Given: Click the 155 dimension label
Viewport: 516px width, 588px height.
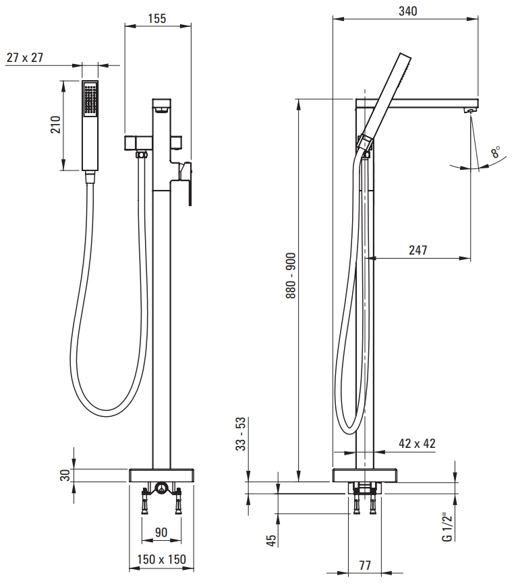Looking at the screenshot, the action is click(x=157, y=18).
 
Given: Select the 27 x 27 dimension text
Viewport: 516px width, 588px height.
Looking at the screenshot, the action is click(x=25, y=57).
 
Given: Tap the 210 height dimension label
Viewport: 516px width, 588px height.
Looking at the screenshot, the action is click(x=55, y=125).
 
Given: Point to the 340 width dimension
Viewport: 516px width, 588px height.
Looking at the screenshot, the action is click(x=408, y=11).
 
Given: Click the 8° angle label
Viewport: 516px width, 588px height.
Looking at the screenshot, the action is click(x=495, y=152).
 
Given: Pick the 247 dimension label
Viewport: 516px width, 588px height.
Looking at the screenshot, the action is click(x=418, y=250).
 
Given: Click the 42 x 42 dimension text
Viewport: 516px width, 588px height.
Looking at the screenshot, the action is click(x=418, y=443).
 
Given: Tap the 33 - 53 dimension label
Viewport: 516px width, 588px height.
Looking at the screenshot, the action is click(x=240, y=434).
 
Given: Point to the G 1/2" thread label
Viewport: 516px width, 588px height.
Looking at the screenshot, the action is click(x=447, y=527).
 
